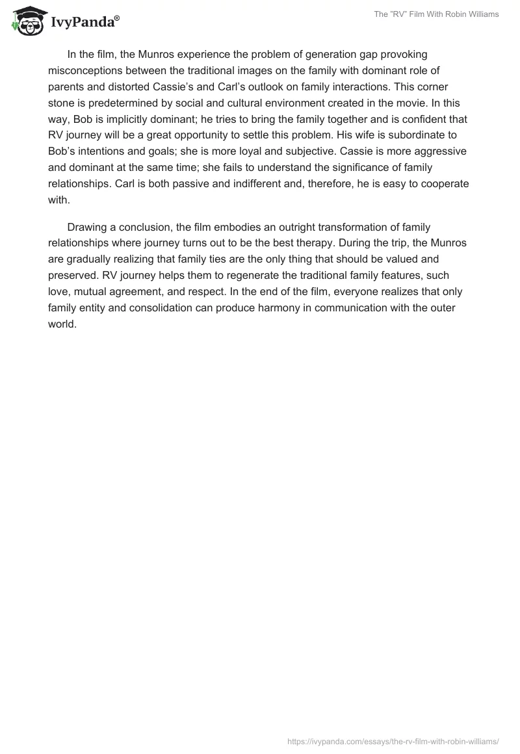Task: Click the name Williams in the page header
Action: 482,14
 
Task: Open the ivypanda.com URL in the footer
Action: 393,741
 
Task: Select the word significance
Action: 370,168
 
